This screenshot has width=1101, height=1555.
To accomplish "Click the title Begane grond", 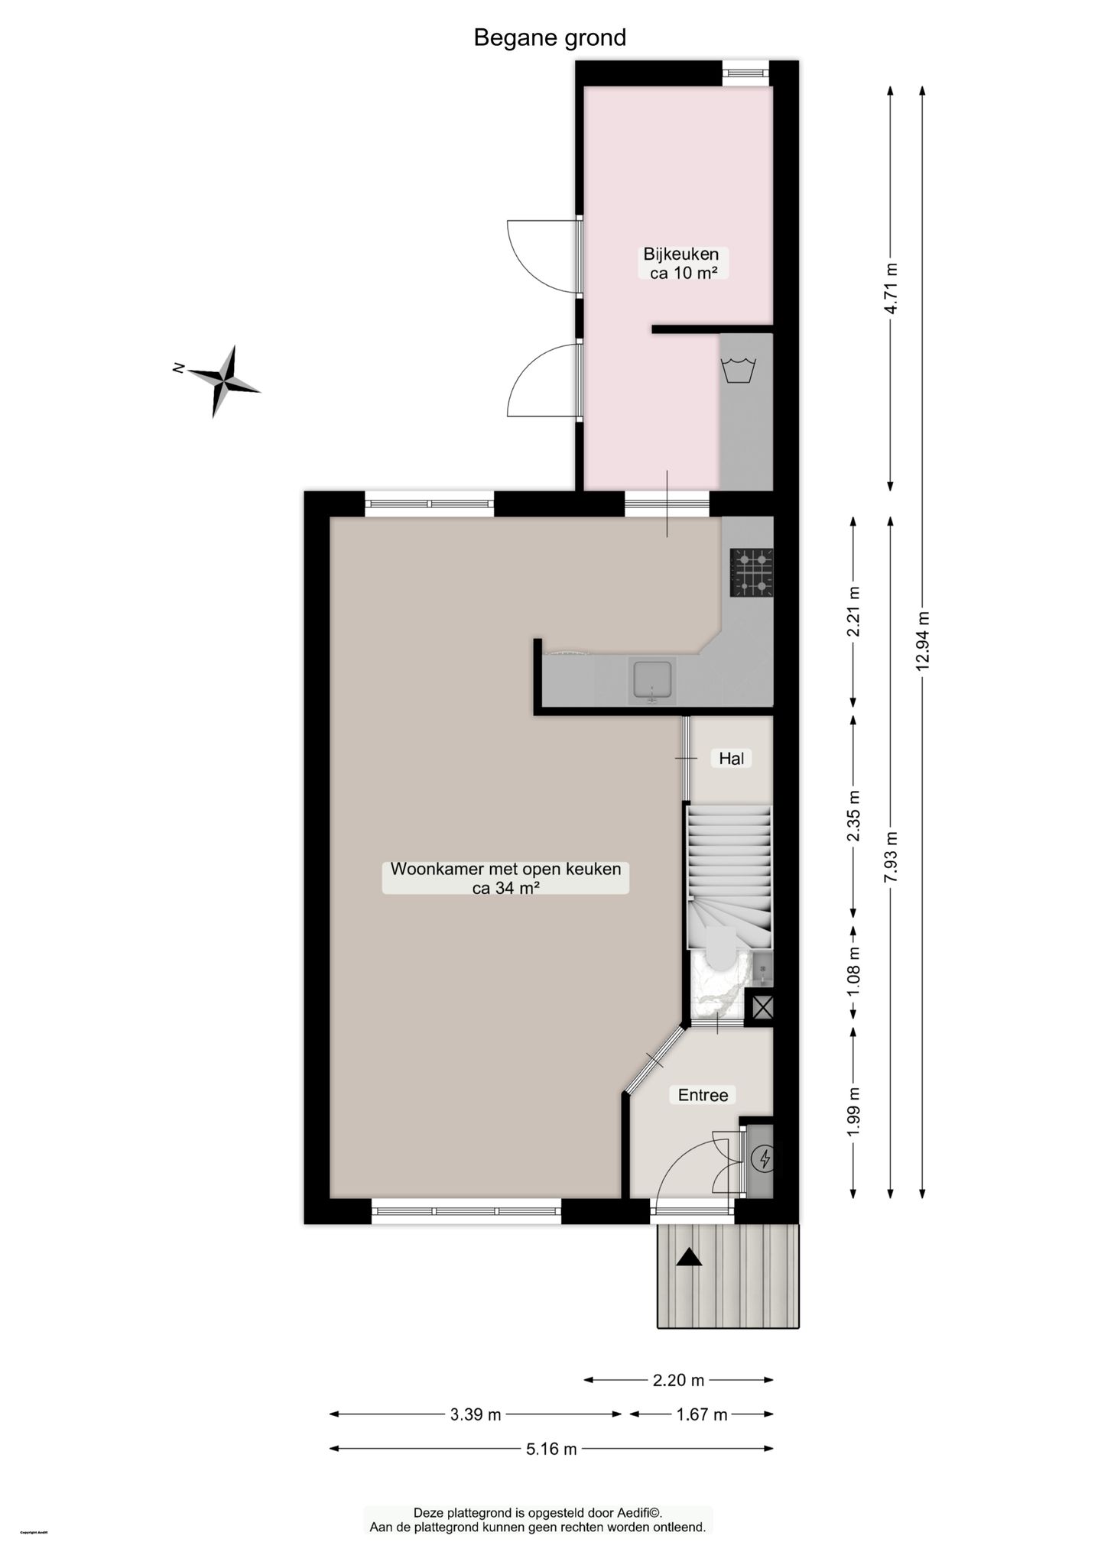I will [x=550, y=37].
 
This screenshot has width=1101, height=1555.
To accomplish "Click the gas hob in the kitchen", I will [x=752, y=572].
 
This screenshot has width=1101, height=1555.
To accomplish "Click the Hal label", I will [x=731, y=758].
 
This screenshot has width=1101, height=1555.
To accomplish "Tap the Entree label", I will [x=703, y=1095].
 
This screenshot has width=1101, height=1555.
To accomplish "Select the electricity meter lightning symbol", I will [x=764, y=1160].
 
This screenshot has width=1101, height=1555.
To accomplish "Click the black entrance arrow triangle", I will [x=689, y=1257].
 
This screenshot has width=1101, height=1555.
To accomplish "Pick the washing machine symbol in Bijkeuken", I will [x=739, y=371].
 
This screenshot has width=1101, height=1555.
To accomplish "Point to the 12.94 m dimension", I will [x=923, y=640].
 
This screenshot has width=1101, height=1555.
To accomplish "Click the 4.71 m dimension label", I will [x=891, y=288].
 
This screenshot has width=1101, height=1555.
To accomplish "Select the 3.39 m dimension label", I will [x=475, y=1414].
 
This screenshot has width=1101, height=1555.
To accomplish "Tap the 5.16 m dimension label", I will [x=551, y=1449].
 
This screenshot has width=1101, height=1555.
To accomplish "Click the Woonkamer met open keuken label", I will [x=505, y=878].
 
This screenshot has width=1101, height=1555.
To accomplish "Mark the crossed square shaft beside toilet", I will [x=762, y=1006].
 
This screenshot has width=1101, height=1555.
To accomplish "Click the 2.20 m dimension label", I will [x=678, y=1380].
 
